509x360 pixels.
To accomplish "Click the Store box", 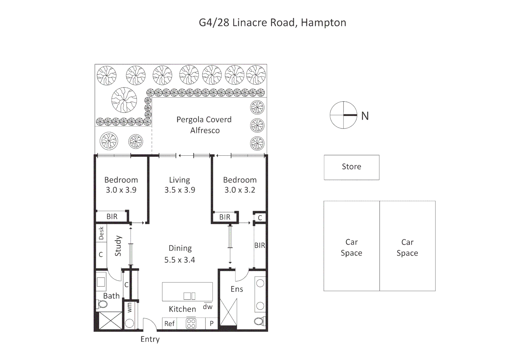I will (351, 167).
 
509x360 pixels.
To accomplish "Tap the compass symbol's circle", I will (343, 115).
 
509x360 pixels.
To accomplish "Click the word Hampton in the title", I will (323, 22).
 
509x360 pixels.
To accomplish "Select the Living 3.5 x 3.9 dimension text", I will (180, 190).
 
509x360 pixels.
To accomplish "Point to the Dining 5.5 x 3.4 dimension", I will (180, 260).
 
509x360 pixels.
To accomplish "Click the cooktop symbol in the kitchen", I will (191, 323).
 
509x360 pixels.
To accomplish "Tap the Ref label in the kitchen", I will (169, 323).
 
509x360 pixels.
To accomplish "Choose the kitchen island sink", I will (189, 296).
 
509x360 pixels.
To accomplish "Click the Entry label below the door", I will (150, 339).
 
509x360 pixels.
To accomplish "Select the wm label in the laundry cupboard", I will (130, 307).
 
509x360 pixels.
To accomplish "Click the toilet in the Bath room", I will (102, 304).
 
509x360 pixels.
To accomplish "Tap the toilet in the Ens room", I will (259, 321).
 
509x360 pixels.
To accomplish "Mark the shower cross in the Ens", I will (229, 312).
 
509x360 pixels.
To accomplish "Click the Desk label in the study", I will (101, 233).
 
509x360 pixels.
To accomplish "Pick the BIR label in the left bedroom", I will (112, 217).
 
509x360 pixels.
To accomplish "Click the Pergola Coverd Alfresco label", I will (204, 125).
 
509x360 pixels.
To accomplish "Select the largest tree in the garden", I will (124, 100).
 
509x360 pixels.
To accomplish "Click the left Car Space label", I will (351, 247).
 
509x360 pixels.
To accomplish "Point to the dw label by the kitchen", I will (208, 307).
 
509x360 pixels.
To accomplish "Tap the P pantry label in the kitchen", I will (212, 323).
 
